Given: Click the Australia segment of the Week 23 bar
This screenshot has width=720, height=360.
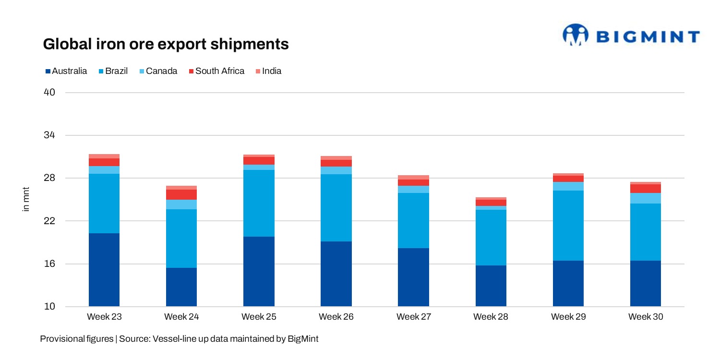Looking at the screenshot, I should [104, 270].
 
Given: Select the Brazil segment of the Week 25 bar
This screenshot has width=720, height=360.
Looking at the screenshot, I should [259, 203].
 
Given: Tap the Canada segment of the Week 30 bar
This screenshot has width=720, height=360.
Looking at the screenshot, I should [646, 198].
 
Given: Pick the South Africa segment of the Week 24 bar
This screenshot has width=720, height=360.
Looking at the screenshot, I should [181, 194].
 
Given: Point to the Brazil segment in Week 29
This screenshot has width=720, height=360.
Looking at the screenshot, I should [568, 226].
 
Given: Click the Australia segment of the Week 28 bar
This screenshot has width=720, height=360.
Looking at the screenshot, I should [491, 286].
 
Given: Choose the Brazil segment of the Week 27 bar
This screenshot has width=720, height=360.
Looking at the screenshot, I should [413, 220].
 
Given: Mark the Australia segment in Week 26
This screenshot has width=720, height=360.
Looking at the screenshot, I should [336, 274].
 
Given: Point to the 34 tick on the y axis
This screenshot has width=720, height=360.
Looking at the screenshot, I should [49, 135].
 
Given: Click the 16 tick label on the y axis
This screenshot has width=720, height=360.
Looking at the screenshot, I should [49, 264].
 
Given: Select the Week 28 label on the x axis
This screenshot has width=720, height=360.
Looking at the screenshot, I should [491, 317].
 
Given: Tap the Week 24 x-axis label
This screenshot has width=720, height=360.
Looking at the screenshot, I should [181, 317].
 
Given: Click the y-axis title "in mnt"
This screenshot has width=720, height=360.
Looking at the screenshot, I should [26, 199].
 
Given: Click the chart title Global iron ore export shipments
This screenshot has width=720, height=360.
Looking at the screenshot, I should [166, 44].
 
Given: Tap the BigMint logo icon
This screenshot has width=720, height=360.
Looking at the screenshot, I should [575, 36].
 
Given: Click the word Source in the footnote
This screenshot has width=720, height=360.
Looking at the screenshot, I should [134, 339].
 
